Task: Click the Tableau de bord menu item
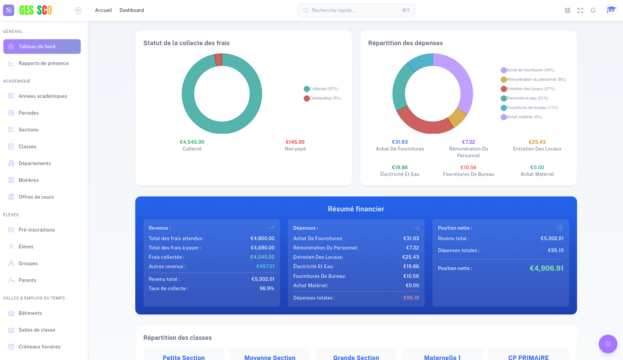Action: coord(42,47)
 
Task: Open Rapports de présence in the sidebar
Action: coord(43,63)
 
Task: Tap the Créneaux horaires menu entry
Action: coord(39,347)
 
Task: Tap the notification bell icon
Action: coord(593,10)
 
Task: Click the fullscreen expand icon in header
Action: coord(580,10)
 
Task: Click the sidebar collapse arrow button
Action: coord(78,10)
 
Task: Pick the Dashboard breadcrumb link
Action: coord(132,10)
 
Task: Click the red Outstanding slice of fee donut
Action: coord(219,60)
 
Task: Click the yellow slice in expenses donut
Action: coord(457,118)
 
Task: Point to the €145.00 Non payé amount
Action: coord(295,142)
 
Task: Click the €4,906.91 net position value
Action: coord(546,268)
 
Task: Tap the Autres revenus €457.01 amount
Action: coord(265,267)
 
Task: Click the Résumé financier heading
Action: coord(356,209)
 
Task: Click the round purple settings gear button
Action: coord(608,344)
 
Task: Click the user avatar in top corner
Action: coord(611,10)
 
